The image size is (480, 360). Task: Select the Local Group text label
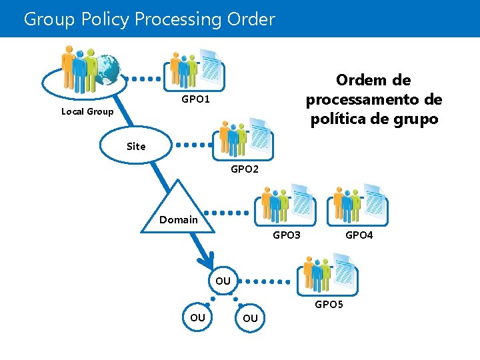click(87, 111)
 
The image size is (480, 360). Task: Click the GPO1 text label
click(195, 99)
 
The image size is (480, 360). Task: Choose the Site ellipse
click(136, 146)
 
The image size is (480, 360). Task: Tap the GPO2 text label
click(245, 169)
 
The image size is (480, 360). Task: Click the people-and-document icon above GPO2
click(245, 139)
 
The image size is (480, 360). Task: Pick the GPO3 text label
click(287, 235)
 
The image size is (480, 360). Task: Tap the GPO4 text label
click(359, 235)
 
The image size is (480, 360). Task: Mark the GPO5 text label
click(329, 305)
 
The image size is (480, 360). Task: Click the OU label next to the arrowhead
click(223, 281)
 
